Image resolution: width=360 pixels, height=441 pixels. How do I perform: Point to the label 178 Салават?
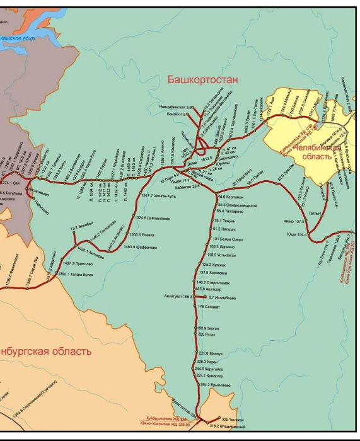[x=208, y=306]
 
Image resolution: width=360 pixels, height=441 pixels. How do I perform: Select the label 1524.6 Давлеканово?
[x=153, y=218]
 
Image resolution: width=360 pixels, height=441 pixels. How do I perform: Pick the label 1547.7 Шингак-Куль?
[x=160, y=197]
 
